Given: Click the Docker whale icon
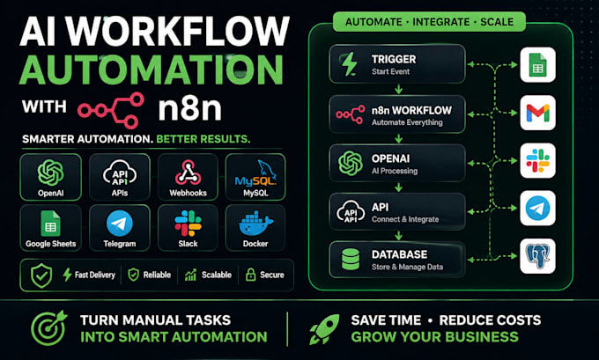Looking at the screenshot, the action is [255, 224].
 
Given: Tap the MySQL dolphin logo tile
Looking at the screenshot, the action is [255, 177].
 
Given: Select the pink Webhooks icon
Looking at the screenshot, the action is [188, 173].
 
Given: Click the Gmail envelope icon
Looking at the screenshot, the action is [538, 113].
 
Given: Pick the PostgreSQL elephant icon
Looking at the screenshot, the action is [538, 256].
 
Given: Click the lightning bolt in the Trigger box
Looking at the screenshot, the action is [350, 63].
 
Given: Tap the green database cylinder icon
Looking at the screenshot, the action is [351, 259].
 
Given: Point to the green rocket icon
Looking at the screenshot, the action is [324, 329].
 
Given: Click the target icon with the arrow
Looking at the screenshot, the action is [49, 328].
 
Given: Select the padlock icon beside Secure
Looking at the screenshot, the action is [250, 274].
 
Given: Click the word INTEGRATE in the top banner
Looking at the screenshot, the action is [440, 22].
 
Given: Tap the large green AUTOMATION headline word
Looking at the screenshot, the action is [152, 70].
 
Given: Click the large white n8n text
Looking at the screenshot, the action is [190, 108].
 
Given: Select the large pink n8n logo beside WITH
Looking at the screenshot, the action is [111, 110].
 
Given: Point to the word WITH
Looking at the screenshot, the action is [44, 107].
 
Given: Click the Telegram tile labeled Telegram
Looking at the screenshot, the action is [120, 227].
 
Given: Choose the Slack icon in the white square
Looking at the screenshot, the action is [538, 161].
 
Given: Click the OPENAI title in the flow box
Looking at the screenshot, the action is [390, 158].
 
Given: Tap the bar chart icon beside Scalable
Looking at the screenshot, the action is [190, 275].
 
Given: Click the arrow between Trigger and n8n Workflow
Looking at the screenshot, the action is [398, 89].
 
